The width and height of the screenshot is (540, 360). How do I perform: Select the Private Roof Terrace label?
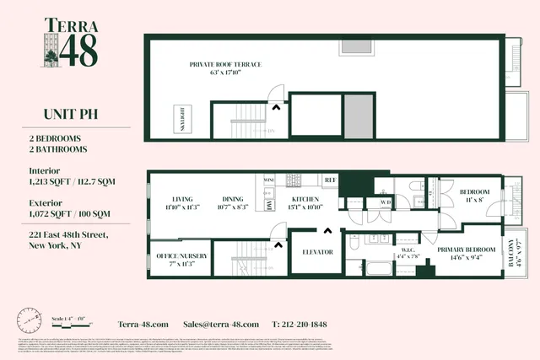click(x=225, y=67)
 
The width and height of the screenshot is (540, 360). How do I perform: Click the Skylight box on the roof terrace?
click(x=181, y=118)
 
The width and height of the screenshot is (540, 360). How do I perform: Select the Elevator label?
click(x=317, y=252)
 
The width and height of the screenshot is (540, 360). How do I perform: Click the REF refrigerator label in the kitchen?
click(x=330, y=180)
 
